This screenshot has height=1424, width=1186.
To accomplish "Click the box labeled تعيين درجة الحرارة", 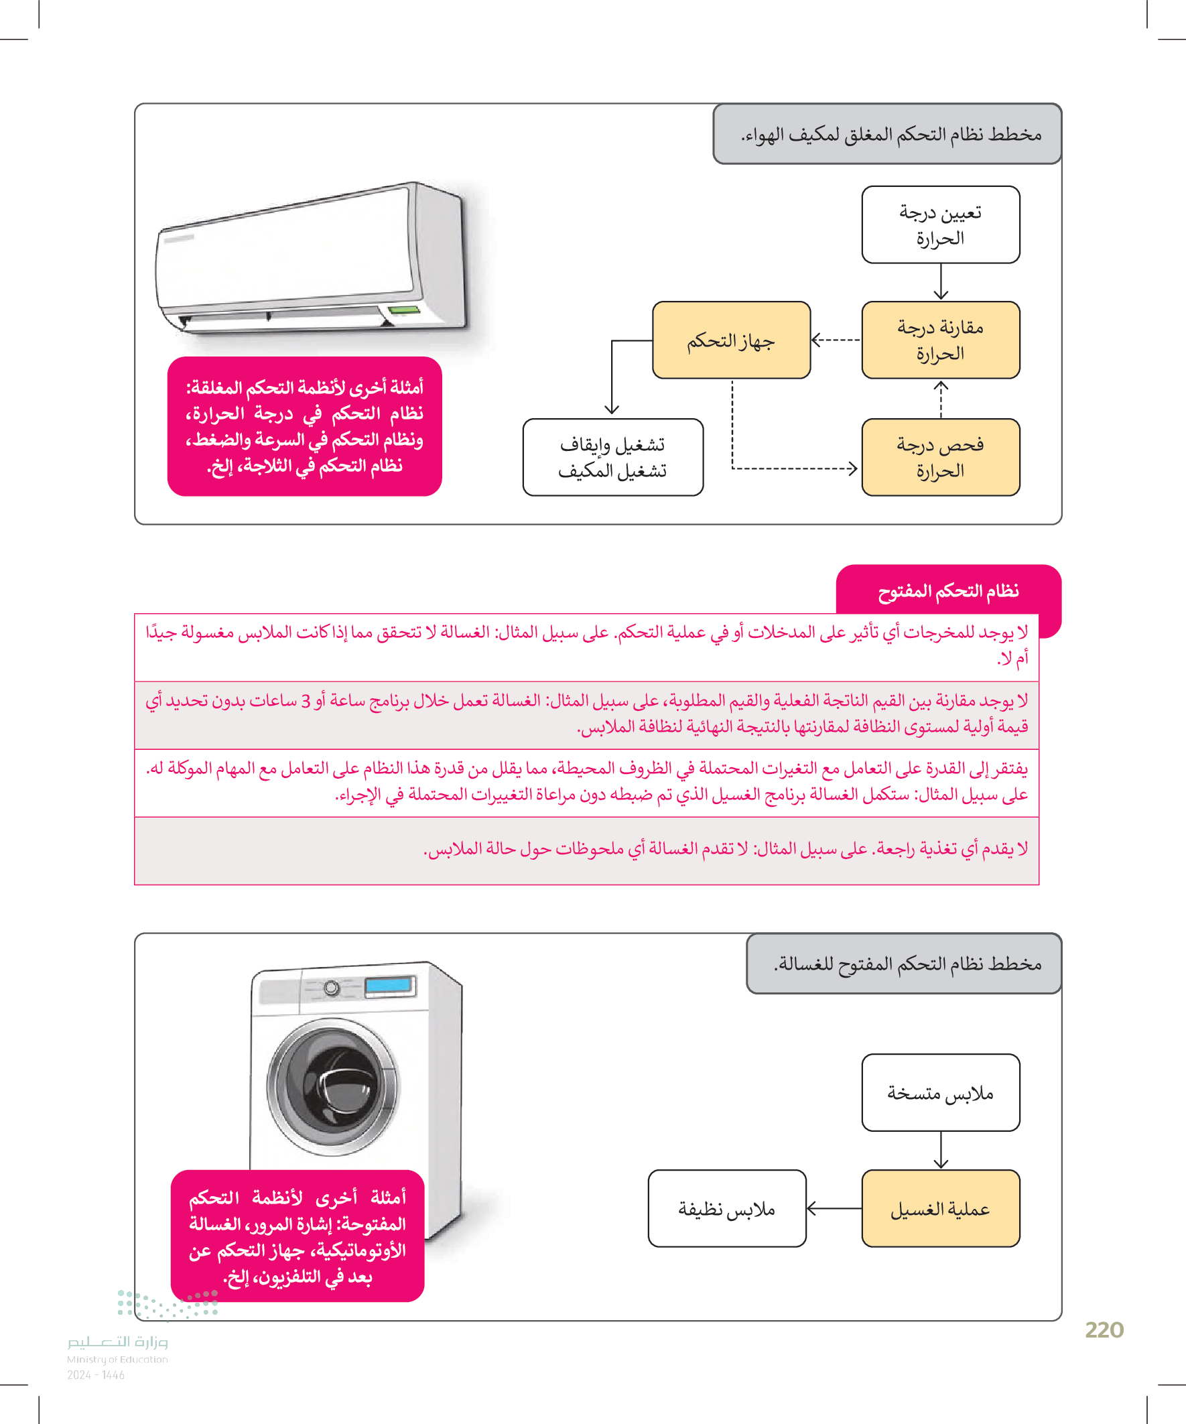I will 940,224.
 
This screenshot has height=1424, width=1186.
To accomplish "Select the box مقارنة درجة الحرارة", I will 940,340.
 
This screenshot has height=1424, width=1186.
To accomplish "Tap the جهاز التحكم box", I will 730,340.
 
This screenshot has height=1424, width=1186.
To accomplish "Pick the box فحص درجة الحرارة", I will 940,457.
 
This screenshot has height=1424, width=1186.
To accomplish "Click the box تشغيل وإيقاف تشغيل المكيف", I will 612,457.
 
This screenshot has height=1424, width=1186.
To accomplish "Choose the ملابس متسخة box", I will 940,1092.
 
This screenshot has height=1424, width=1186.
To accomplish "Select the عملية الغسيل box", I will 940,1208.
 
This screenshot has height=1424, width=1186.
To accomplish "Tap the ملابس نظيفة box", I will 726,1208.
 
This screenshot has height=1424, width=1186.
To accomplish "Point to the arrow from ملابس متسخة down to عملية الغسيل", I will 941,1150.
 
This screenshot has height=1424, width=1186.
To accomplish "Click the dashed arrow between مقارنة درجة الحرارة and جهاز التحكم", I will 836,340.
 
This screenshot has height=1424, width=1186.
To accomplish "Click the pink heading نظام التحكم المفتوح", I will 948,591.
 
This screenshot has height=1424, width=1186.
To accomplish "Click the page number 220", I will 1104,1330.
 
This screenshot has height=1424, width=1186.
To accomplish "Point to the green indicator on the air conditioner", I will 403,310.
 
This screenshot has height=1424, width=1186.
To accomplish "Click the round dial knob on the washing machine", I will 332,987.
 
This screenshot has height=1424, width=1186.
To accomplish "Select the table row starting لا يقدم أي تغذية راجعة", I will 586,850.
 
